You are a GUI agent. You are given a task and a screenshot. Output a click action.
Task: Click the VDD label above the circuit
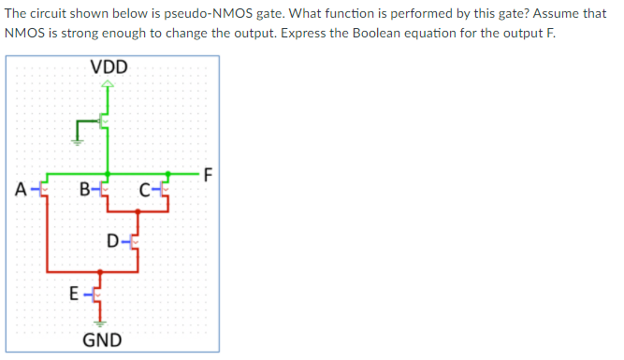(109, 67)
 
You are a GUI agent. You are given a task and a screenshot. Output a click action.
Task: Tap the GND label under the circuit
(102, 339)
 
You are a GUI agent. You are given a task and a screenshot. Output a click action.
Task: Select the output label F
(208, 173)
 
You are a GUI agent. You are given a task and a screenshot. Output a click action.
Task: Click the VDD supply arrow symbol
(109, 86)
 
